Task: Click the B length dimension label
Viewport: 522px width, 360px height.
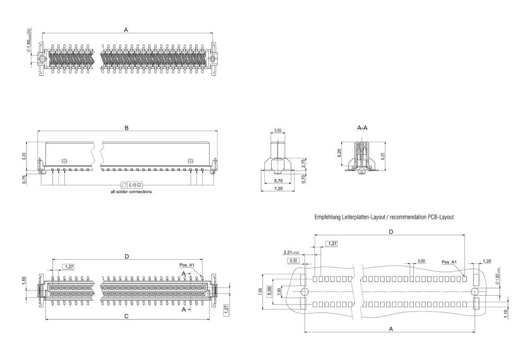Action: (126, 127)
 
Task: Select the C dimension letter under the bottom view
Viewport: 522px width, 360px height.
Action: (126, 316)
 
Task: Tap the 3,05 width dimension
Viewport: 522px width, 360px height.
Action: (278, 130)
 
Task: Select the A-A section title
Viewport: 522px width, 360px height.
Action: (362, 127)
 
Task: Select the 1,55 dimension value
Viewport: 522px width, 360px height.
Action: (24, 281)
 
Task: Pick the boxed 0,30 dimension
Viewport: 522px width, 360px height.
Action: (293, 260)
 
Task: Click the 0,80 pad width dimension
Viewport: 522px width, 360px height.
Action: (421, 261)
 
